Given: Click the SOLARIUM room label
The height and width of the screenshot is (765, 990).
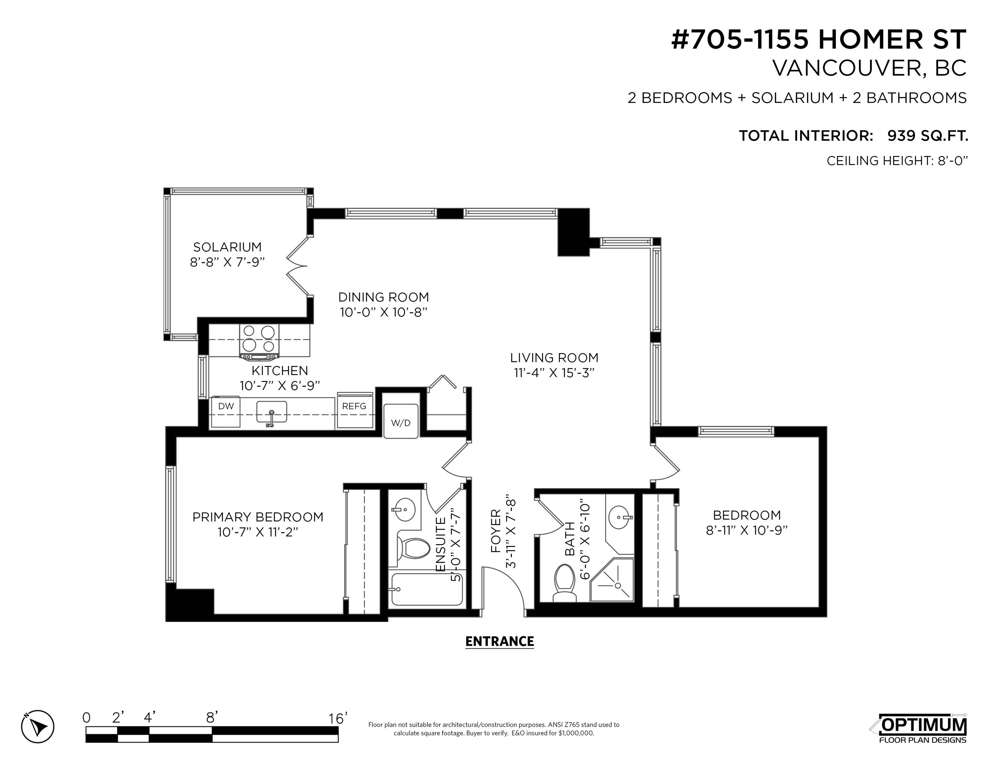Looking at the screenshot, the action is pos(227,247).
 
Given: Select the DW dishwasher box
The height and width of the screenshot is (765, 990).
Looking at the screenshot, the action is pos(226,412).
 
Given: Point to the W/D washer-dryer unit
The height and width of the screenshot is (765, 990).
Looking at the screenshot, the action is pos(401,421).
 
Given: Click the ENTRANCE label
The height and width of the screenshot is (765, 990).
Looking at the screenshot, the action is pos(499,641).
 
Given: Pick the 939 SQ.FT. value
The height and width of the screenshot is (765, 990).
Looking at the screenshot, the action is pos(928,135).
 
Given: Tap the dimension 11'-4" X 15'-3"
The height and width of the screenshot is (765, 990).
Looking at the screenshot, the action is pos(554,373).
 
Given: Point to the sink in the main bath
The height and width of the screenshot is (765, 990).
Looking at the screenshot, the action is pos(619,516).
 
